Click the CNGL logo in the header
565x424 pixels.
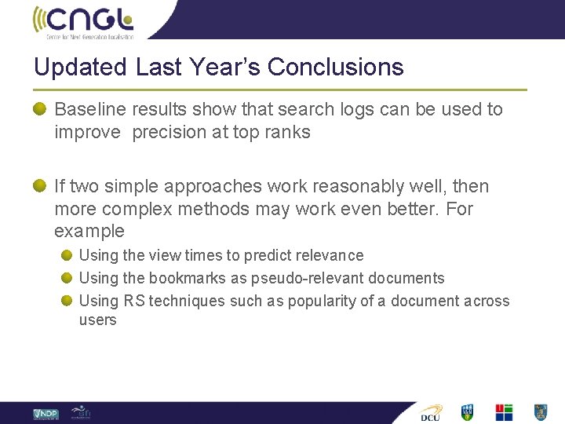(x=83, y=21)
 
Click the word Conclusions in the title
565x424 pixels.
(x=335, y=68)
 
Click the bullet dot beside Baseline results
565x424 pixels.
(x=40, y=109)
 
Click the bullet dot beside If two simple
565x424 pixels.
(x=40, y=186)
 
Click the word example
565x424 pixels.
(x=89, y=232)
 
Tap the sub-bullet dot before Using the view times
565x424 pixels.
(x=68, y=255)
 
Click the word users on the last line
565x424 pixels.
(x=97, y=320)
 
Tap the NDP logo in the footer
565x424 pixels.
(x=46, y=413)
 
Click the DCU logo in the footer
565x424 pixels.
(x=431, y=412)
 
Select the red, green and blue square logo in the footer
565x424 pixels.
(x=503, y=412)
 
